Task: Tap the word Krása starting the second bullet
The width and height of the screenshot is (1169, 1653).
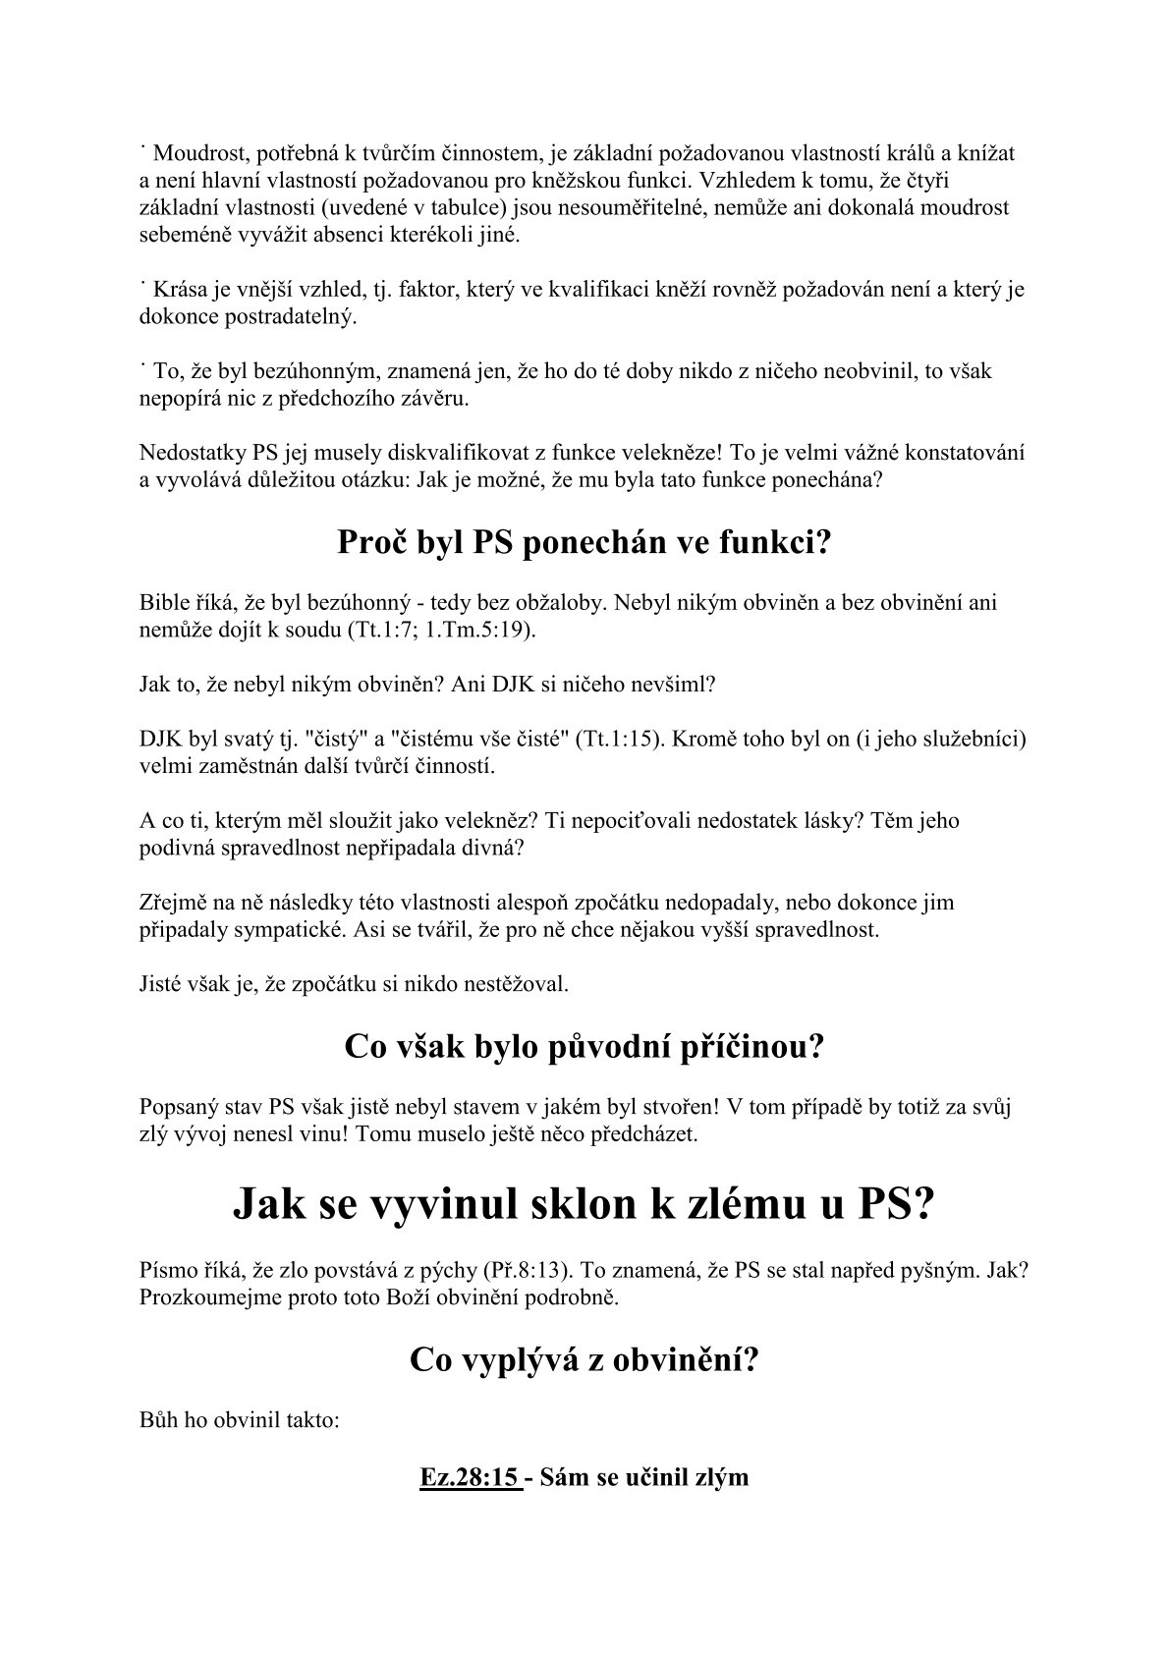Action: (178, 290)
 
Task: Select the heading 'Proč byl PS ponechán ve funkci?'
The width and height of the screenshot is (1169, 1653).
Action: (584, 542)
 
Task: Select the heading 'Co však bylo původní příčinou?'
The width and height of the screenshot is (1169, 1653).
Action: (584, 1047)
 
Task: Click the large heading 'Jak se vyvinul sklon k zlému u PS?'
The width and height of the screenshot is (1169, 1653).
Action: (584, 1204)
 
